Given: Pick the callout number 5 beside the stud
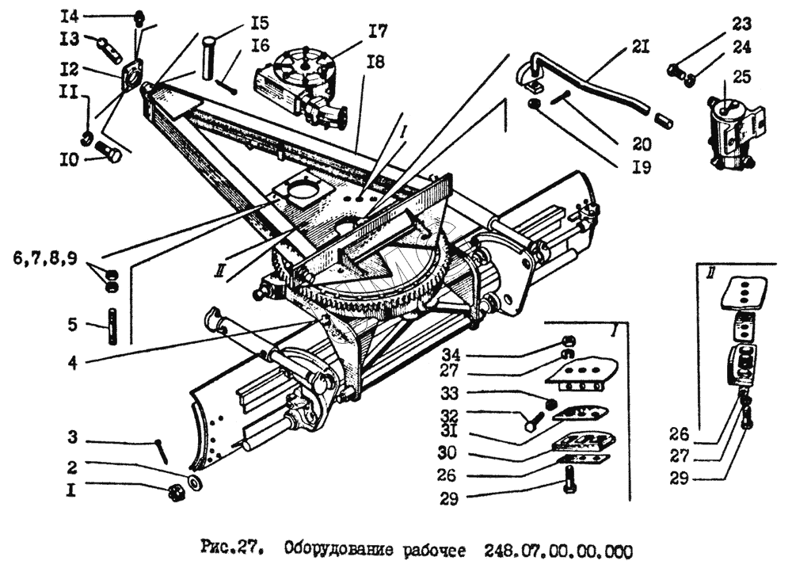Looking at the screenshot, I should click(71, 324).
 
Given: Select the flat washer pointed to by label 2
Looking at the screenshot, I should click(195, 482).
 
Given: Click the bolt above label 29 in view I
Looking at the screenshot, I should click(570, 478).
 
